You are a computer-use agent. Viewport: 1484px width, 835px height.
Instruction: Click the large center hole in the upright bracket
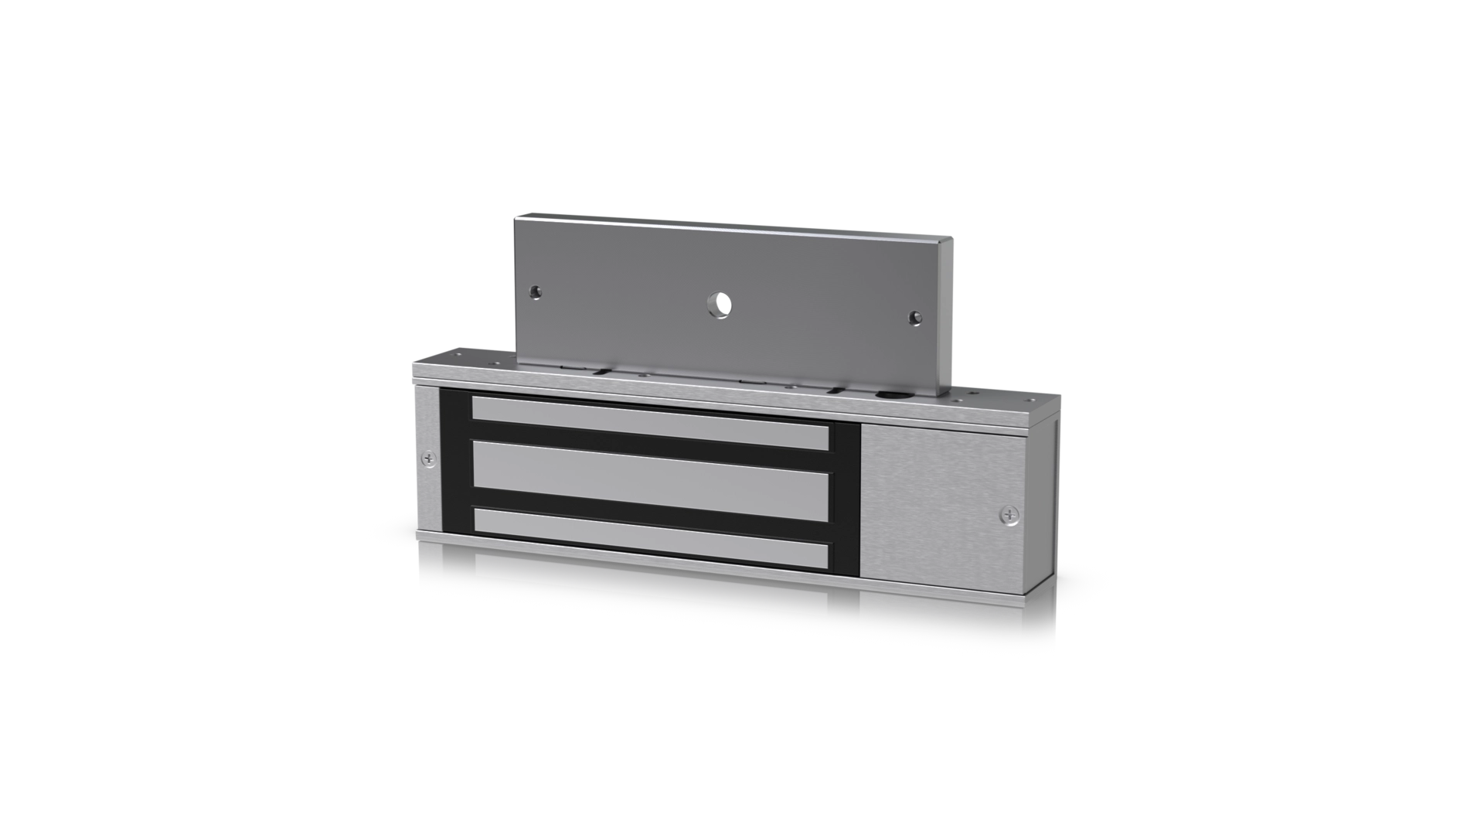click(722, 305)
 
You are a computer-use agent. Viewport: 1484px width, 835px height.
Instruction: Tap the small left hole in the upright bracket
click(535, 292)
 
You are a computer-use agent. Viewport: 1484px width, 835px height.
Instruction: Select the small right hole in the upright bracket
click(914, 317)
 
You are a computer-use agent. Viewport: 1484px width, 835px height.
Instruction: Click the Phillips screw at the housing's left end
click(429, 459)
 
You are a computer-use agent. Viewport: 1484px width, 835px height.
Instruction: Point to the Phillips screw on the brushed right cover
click(1009, 514)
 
